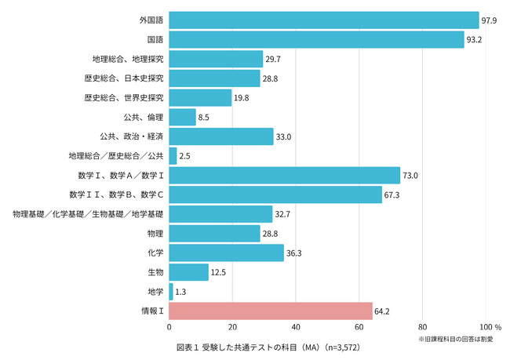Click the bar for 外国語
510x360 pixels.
[x=323, y=20]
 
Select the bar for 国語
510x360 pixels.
[x=316, y=39]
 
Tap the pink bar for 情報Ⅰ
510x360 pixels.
[x=270, y=311]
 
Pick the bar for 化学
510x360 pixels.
[x=226, y=253]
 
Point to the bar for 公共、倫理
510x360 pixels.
[x=182, y=117]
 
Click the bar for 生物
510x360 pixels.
[x=188, y=272]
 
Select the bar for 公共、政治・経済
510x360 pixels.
[x=220, y=136]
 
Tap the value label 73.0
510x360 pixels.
[x=412, y=175]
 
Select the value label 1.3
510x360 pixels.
[x=180, y=292]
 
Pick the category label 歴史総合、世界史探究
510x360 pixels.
[x=124, y=97]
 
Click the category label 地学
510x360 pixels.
[x=155, y=292]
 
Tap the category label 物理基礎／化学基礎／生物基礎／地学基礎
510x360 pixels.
[x=88, y=214]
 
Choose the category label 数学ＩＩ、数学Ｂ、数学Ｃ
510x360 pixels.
[x=116, y=195]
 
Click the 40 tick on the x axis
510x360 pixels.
[x=296, y=326]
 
